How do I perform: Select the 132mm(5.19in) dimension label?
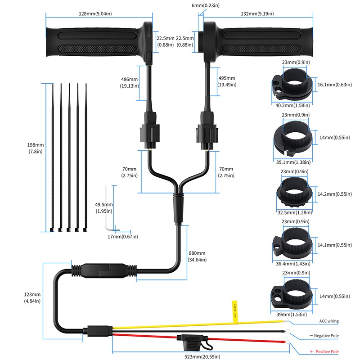point(256,14)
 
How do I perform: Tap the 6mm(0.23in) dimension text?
point(205,5)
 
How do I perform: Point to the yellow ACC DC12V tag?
point(234,310)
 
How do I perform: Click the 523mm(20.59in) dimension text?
point(198,356)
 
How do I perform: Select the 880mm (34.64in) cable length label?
point(198,256)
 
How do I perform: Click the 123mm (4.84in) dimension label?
point(32,297)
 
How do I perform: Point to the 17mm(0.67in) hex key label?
point(122,236)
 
